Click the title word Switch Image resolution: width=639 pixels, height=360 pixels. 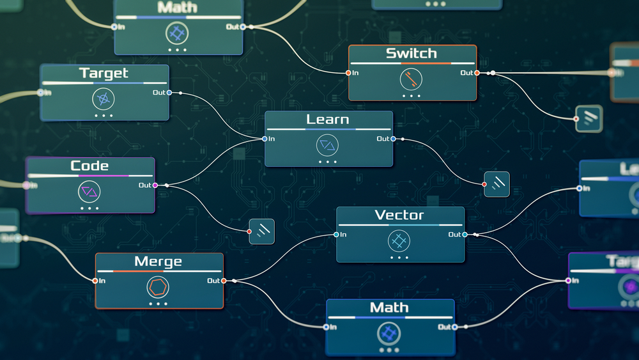[412, 54]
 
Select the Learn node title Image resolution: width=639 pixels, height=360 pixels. [328, 120]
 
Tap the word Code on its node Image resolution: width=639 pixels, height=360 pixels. [89, 166]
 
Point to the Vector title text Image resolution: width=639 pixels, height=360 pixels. [399, 215]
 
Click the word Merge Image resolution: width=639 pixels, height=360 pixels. [158, 262]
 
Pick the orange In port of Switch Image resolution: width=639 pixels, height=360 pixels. [348, 73]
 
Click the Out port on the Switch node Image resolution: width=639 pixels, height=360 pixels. [477, 73]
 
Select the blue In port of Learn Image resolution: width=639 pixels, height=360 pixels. [265, 139]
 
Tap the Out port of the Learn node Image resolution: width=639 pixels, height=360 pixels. [393, 139]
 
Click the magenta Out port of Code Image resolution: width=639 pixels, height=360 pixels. [155, 185]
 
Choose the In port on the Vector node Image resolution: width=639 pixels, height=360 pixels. [337, 235]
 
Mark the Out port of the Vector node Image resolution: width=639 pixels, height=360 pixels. [465, 235]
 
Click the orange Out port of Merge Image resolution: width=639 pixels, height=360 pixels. [224, 281]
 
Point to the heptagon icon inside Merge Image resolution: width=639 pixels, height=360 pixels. [158, 286]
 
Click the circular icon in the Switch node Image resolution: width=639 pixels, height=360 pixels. [412, 79]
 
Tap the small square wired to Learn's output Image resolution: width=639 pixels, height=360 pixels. [497, 184]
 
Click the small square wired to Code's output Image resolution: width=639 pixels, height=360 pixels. [261, 231]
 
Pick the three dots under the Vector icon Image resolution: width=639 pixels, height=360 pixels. [399, 258]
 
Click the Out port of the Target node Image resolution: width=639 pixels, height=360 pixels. [170, 93]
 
